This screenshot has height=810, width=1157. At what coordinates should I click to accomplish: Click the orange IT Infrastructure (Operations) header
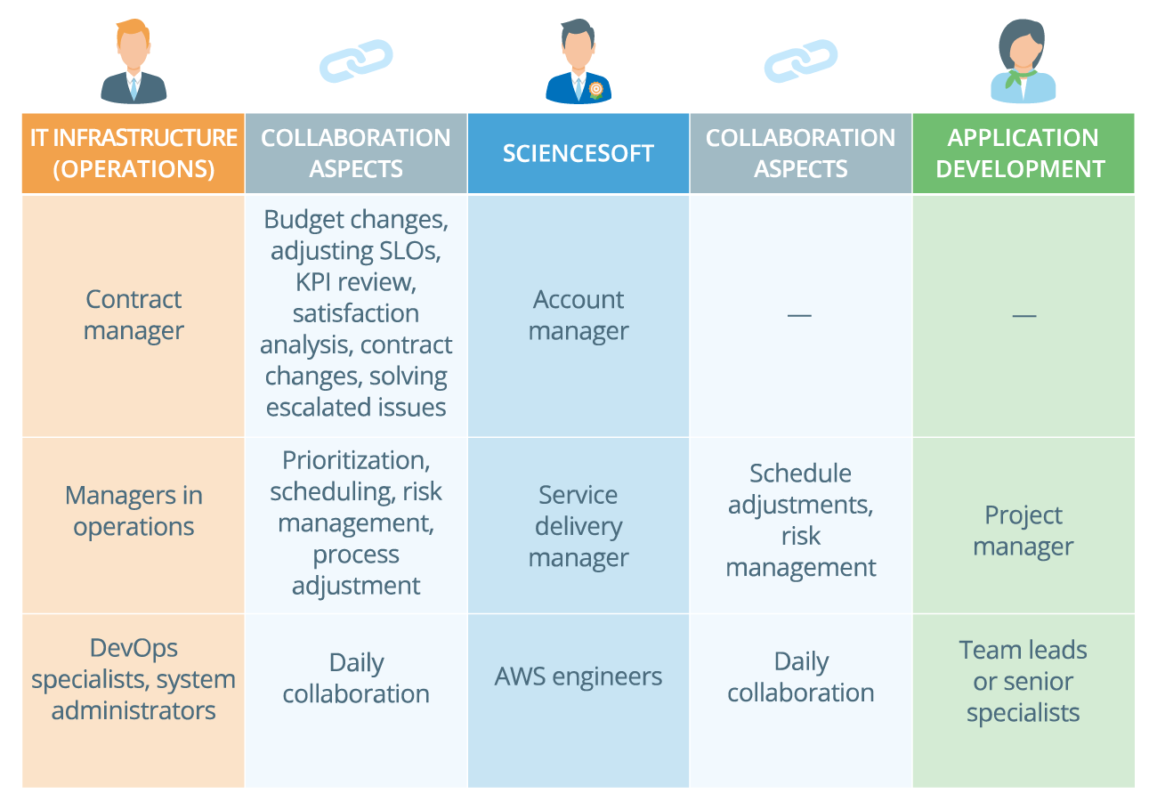click(x=133, y=153)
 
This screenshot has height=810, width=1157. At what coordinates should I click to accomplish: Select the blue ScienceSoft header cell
click(x=578, y=153)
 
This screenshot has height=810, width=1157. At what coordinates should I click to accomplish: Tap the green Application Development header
click(x=1023, y=153)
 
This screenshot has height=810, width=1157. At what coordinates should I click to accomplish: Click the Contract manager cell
click(x=133, y=315)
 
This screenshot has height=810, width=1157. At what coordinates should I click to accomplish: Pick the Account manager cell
click(x=578, y=315)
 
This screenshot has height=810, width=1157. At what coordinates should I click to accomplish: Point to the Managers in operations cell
click(x=133, y=511)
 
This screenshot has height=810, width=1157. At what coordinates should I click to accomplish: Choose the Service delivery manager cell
click(x=578, y=526)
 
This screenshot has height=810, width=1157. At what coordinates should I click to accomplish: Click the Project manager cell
click(x=1023, y=531)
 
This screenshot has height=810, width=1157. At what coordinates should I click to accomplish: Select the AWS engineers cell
click(x=578, y=676)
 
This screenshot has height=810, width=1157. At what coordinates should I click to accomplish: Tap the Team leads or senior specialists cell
click(x=1023, y=682)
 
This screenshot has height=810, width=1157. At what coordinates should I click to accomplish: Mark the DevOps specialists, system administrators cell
click(x=133, y=680)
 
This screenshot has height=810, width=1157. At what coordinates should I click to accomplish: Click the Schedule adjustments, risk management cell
click(x=801, y=521)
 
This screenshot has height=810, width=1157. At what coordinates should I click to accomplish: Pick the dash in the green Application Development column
click(x=1023, y=315)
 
